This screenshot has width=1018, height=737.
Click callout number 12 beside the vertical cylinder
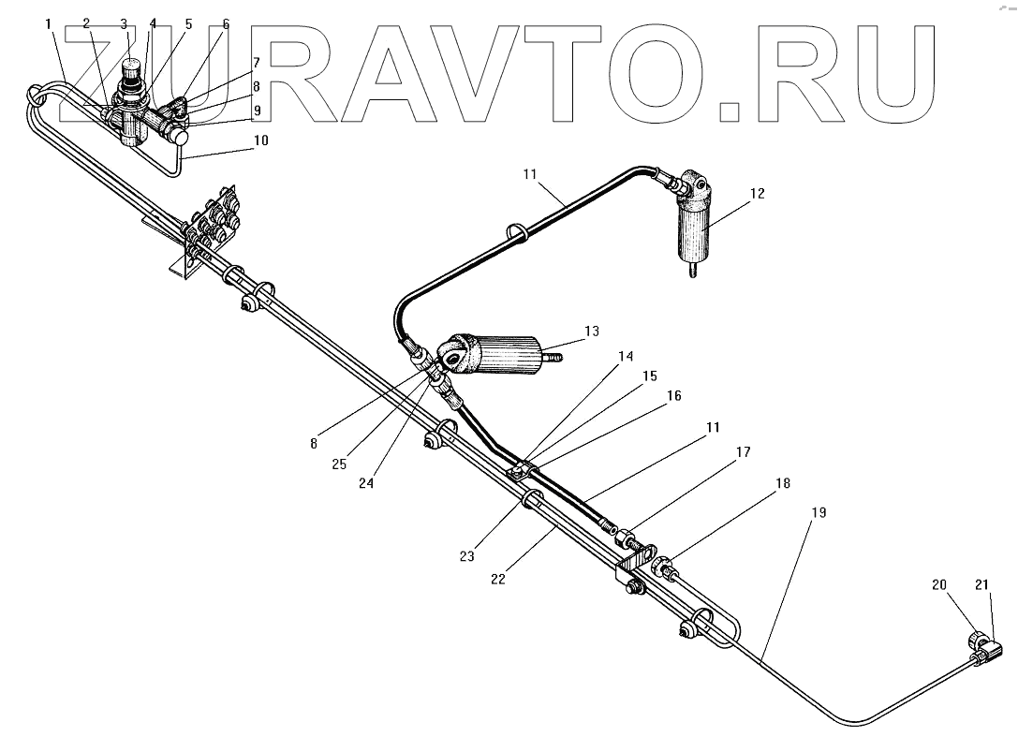point(757,194)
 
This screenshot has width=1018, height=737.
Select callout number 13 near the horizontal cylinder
point(590,332)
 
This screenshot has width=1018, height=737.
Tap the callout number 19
point(819,512)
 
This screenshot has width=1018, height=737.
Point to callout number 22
point(497,579)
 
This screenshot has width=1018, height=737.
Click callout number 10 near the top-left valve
point(259,140)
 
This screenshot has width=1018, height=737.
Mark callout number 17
point(743,452)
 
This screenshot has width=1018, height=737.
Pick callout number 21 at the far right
point(981,585)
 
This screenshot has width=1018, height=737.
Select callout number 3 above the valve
point(124,22)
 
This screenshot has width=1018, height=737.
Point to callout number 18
point(782,483)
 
